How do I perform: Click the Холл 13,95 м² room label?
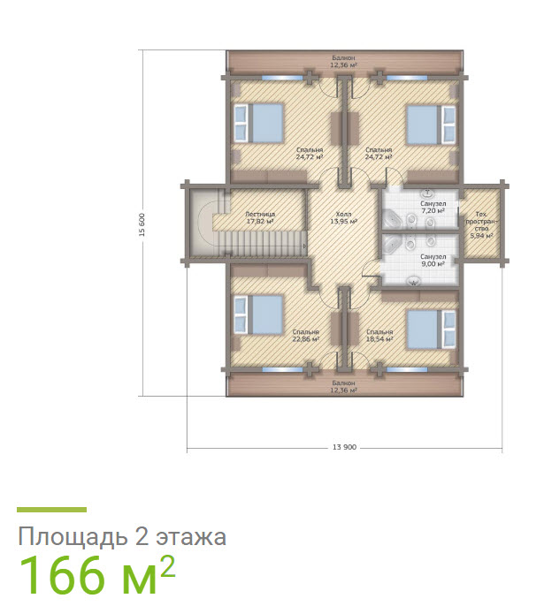tap(343, 217)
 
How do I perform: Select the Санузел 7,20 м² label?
tap(433, 208)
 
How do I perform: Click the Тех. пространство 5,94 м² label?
tap(480, 225)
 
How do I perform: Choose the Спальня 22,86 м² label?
tap(305, 336)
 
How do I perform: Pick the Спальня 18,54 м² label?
tap(379, 336)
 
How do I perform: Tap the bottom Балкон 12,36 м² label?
tap(343, 386)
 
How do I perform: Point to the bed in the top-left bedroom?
tap(259, 123)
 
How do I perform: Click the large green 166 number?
tap(75, 576)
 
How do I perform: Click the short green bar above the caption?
tap(52, 510)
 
